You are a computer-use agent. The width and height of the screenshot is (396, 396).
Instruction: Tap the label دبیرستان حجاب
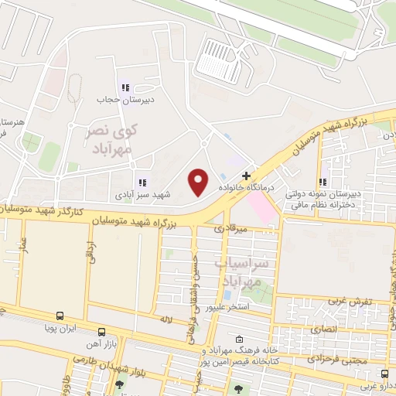tap(115, 100)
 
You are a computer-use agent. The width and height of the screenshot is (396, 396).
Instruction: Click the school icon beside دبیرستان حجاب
tap(124, 87)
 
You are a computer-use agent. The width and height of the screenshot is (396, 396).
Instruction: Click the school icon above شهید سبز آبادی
tap(142, 183)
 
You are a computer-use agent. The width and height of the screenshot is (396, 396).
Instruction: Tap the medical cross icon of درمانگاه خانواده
tap(246, 176)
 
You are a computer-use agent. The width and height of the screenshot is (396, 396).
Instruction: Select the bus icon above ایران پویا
tap(60, 316)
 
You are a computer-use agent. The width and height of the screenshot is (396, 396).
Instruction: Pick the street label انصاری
tap(325, 329)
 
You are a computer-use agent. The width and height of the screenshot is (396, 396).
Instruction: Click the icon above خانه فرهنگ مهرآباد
tap(239, 339)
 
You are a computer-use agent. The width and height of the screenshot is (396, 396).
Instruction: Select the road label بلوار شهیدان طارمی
tap(108, 364)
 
